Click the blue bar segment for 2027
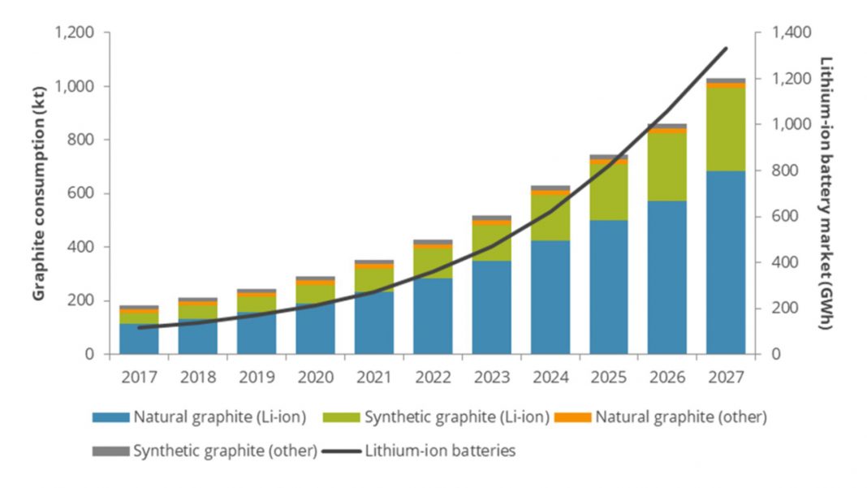[725, 262]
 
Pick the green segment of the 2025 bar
[608, 192]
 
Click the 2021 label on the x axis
[373, 378]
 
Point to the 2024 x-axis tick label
[550, 378]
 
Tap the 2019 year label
[256, 378]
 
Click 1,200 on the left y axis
[74, 32]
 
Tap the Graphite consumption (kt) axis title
[39, 193]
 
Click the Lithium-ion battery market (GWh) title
[826, 192]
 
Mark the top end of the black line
[726, 49]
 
